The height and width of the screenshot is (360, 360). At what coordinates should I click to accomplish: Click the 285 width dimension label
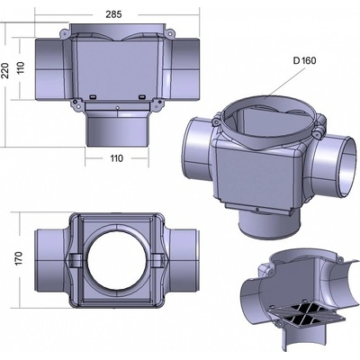[x=113, y=14]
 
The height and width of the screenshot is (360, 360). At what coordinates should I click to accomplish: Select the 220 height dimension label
[x=5, y=70]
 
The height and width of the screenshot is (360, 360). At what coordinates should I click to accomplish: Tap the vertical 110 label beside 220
[x=20, y=68]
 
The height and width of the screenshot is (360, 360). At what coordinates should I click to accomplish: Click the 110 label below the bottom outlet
[x=116, y=158]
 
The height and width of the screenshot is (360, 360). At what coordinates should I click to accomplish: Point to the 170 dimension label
[x=19, y=258]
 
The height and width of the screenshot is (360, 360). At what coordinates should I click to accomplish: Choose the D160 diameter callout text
[x=304, y=60]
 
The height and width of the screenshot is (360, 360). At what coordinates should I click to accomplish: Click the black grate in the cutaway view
[x=304, y=316]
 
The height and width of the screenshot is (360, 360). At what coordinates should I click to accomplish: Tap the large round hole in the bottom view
[x=116, y=260]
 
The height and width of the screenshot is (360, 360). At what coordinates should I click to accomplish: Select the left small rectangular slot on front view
[x=93, y=96]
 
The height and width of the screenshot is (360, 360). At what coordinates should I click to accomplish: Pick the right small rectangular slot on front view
[x=142, y=96]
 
